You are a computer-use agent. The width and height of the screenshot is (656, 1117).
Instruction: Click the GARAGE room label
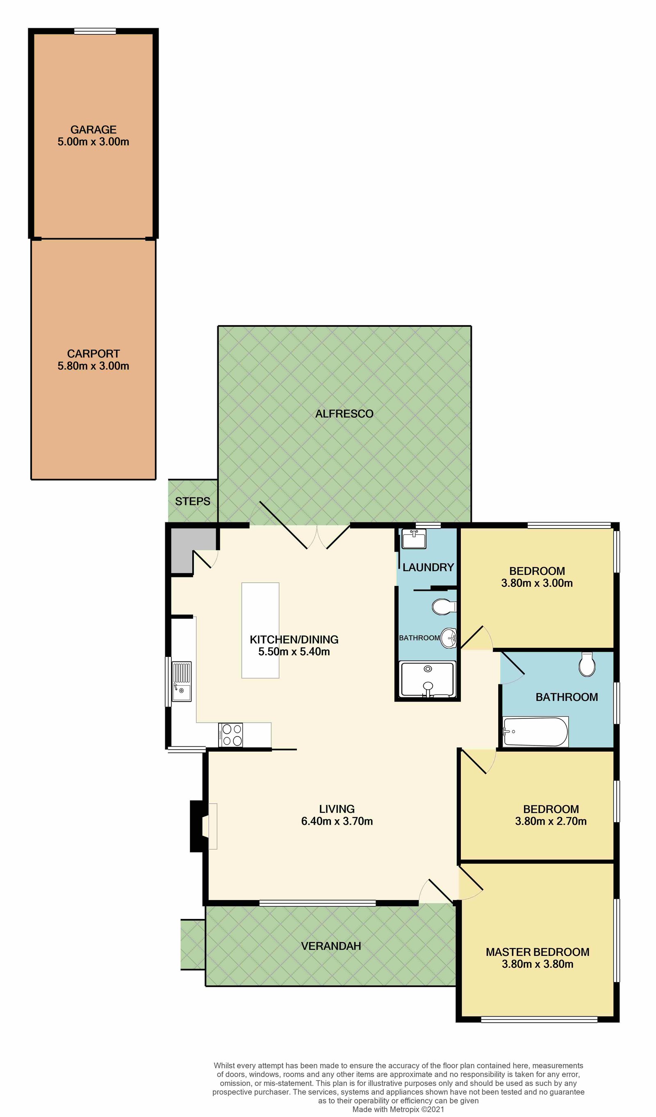pos(93,130)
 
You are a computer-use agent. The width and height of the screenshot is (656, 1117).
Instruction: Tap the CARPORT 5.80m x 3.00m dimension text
pos(93,366)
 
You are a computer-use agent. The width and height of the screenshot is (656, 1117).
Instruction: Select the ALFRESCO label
pos(344,414)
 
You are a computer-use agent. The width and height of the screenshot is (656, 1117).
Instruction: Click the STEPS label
pos(192,502)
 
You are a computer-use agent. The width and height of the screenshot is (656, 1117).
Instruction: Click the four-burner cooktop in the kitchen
pos(230,735)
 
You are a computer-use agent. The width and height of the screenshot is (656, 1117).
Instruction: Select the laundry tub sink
pos(414,539)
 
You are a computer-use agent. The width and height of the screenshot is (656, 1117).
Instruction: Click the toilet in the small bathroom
pos(443,607)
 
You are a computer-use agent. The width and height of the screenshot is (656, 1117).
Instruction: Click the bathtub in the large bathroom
pos(535,732)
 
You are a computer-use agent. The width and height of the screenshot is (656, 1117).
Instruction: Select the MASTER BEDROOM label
pos(537,952)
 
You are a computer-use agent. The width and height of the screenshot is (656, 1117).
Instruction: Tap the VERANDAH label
pos(330,946)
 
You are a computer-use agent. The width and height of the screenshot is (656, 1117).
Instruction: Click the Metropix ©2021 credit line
pos(398,1110)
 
